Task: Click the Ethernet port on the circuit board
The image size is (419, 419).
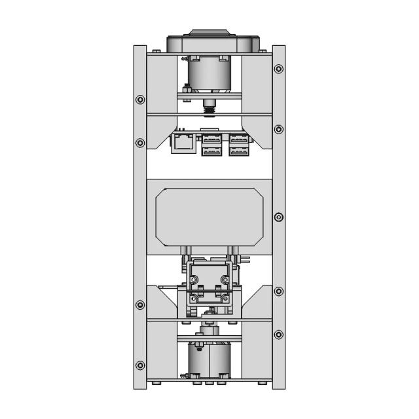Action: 183,143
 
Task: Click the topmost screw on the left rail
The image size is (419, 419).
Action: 140,100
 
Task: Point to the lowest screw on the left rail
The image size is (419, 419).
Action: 140,365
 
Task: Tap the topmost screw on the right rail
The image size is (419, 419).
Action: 279,68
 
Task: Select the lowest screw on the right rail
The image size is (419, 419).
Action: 279,335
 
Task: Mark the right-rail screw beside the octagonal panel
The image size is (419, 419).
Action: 279,217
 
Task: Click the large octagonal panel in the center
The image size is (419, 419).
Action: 209,216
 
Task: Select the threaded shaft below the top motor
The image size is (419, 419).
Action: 209,103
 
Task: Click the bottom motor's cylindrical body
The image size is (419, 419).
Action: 209,359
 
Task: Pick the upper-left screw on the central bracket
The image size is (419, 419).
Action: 194,280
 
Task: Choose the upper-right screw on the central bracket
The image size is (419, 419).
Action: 225,280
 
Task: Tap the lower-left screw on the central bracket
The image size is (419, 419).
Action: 194,299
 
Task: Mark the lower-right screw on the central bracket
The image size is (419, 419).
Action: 225,299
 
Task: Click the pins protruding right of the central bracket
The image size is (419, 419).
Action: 245,260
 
